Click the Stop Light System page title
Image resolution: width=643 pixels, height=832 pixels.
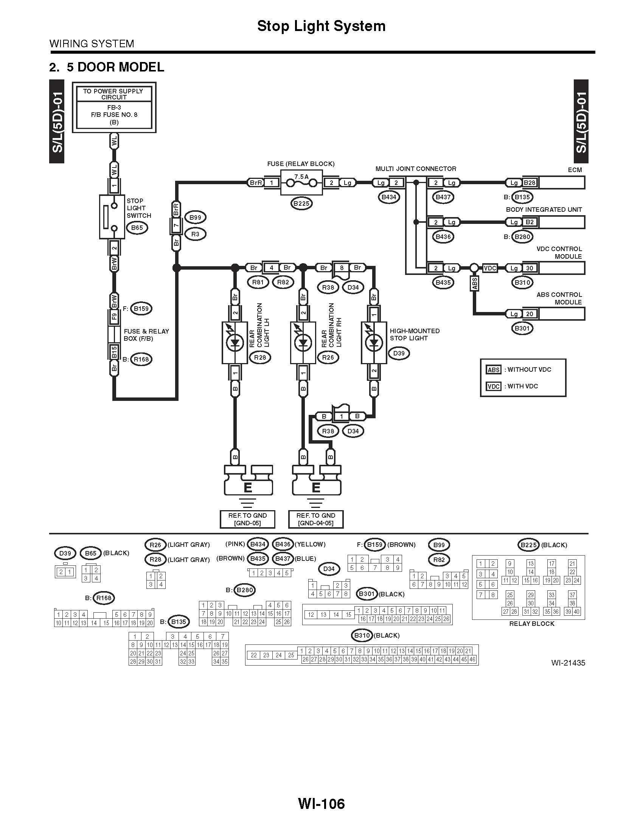click(321, 26)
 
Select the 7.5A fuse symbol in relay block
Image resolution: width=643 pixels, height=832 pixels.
click(301, 183)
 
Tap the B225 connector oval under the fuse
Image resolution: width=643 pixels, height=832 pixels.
click(301, 203)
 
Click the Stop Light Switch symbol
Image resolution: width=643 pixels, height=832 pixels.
click(112, 217)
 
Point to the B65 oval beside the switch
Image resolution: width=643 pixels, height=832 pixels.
click(137, 228)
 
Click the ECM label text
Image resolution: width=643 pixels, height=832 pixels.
click(575, 170)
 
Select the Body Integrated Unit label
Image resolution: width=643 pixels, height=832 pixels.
click(544, 210)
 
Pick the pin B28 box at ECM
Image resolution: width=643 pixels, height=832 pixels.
click(530, 183)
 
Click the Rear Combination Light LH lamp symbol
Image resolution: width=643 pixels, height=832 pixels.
click(235, 343)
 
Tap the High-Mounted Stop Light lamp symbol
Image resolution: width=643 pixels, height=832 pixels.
click(374, 343)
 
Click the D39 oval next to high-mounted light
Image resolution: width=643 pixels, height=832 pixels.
click(399, 353)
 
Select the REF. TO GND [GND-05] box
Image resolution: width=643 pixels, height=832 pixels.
click(247, 519)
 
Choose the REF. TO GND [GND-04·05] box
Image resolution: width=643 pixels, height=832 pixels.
click(316, 519)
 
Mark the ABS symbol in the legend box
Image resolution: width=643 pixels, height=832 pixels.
click(494, 370)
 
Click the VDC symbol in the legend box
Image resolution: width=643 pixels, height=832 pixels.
click(494, 386)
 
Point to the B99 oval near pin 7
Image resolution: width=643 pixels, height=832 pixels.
click(195, 217)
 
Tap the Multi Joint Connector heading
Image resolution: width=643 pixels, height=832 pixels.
click(416, 169)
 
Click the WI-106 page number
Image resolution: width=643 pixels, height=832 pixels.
click(321, 803)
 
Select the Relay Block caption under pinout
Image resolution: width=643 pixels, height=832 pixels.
click(532, 624)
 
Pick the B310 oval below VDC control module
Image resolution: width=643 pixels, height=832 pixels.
click(522, 283)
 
